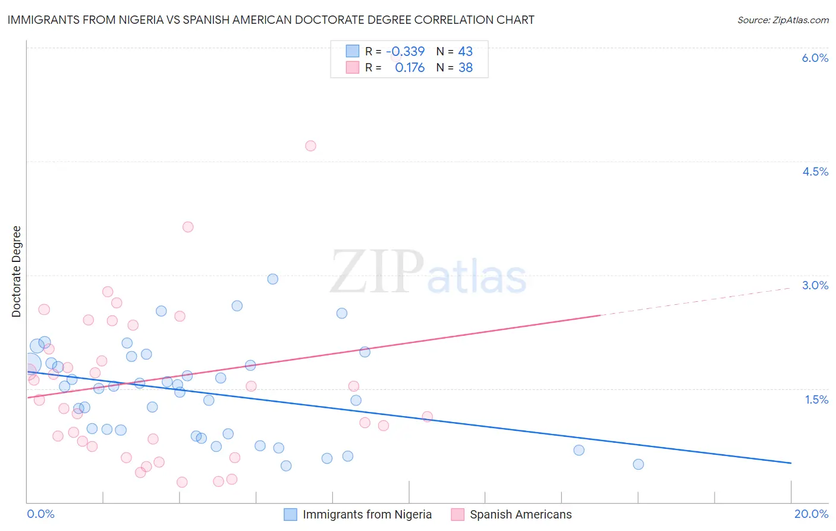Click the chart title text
(271, 20)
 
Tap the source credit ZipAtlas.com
(782, 20)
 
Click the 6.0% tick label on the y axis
(815, 58)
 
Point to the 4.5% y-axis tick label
(815, 171)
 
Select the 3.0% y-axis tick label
(815, 285)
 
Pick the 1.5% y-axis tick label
(816, 399)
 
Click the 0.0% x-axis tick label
(40, 514)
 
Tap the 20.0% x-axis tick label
(811, 514)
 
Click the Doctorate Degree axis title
(16, 271)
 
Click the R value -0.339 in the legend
(406, 51)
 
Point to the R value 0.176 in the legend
(410, 67)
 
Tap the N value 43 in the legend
(465, 51)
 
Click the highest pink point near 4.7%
(310, 146)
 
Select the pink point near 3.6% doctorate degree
(188, 227)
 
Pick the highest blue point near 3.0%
(273, 279)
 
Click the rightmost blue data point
(638, 464)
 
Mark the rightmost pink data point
(427, 417)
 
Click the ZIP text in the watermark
(377, 272)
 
